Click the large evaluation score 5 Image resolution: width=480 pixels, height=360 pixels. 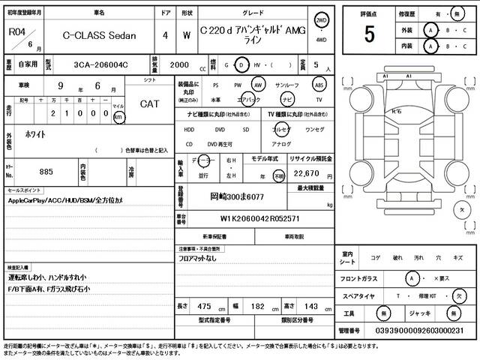tap(370, 34)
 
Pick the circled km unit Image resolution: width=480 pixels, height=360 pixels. tap(118, 116)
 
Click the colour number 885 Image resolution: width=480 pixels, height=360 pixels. tap(46, 172)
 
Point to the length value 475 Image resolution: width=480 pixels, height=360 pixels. tap(205, 306)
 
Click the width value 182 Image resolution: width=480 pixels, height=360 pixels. tap(256, 306)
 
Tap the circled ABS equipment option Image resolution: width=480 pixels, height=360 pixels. tap(319, 85)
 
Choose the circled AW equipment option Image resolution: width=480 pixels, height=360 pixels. tap(259, 85)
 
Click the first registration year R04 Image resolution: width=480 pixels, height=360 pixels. tap(16, 31)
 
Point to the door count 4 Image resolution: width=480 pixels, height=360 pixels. tap(165, 34)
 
